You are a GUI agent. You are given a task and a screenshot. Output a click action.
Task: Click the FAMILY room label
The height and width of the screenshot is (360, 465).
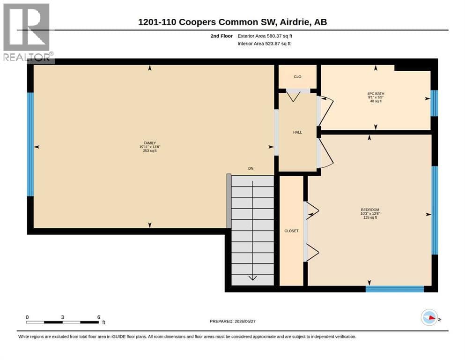[150, 143]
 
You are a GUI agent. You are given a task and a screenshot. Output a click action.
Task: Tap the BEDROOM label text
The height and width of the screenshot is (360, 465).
[370, 210]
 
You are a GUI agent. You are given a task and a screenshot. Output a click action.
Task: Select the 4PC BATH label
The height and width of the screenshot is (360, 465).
[376, 94]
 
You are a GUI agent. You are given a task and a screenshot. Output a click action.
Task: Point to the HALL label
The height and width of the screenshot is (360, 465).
[297, 132]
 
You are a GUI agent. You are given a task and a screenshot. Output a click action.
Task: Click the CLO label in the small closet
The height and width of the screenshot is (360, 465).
[297, 77]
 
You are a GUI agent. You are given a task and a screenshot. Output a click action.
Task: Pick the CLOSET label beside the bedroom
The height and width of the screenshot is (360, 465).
[292, 231]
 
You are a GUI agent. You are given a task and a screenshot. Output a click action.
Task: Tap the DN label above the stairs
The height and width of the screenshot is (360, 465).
[251, 169]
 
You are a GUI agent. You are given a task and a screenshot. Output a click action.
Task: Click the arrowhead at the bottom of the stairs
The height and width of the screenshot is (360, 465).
[253, 278]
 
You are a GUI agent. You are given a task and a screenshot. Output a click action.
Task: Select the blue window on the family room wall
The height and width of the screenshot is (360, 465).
[30, 144]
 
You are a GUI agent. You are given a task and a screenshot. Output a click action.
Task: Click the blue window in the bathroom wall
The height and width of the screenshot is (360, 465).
[434, 103]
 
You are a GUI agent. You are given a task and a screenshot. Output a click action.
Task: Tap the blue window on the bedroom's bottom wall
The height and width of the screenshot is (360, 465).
[395, 289]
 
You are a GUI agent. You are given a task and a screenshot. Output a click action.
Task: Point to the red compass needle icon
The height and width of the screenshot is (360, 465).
[432, 318]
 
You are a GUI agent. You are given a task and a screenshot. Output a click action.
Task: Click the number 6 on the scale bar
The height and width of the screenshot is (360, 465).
[99, 317]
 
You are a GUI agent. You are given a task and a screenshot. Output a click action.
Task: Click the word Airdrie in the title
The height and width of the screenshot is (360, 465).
[294, 22]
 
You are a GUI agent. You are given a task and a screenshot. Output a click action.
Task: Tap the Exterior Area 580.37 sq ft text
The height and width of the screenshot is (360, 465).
[265, 36]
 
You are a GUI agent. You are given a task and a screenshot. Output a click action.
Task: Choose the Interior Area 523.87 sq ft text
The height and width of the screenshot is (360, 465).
[264, 44]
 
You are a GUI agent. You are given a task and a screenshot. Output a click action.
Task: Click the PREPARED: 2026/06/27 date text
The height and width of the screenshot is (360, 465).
[232, 321]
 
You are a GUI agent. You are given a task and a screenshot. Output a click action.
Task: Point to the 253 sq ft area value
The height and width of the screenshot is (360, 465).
[150, 151]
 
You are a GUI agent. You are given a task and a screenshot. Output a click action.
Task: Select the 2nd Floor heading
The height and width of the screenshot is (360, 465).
[221, 36]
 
